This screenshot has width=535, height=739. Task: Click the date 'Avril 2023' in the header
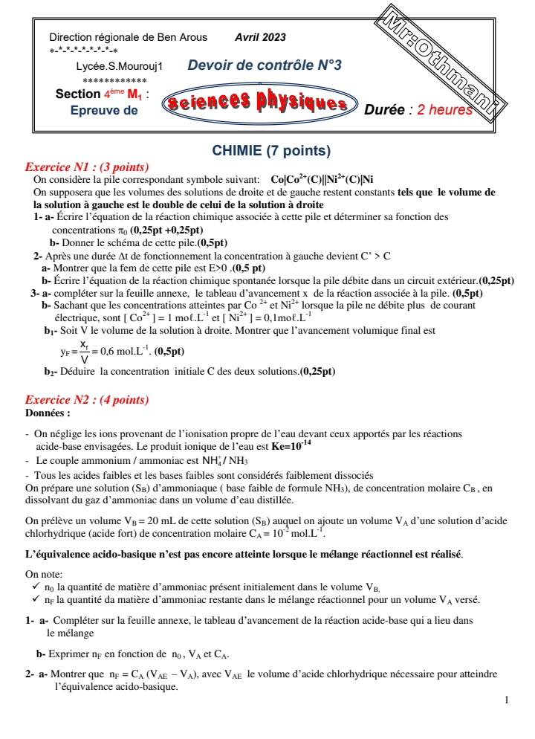pyautogui.click(x=259, y=37)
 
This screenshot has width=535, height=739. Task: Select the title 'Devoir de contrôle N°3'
pyautogui.click(x=265, y=65)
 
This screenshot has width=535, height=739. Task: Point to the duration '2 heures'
pyautogui.click(x=445, y=110)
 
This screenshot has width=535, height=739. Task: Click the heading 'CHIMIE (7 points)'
pyautogui.click(x=271, y=151)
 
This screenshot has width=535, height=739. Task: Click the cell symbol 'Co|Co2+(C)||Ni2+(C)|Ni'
pyautogui.click(x=322, y=179)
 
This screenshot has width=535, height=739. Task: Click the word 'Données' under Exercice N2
pyautogui.click(x=48, y=412)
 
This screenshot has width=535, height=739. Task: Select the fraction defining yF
pyautogui.click(x=84, y=351)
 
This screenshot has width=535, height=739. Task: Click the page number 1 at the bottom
pyautogui.click(x=506, y=700)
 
